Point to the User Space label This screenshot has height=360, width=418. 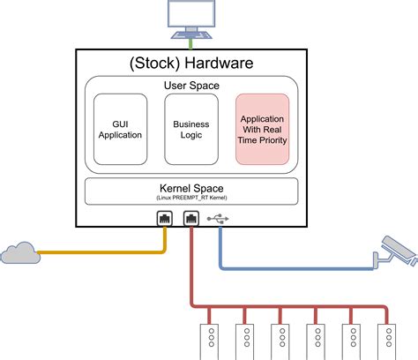pos(191,86)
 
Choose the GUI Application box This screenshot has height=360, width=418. pos(121,129)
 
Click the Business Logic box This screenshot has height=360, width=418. pos(191,129)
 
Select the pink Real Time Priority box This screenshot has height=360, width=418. pos(263,129)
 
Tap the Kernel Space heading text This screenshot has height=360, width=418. pos(191,188)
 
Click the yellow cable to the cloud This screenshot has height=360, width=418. pos(106,253)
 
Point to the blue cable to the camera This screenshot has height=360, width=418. pos(291,265)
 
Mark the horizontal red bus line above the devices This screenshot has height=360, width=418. pos(291,307)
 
